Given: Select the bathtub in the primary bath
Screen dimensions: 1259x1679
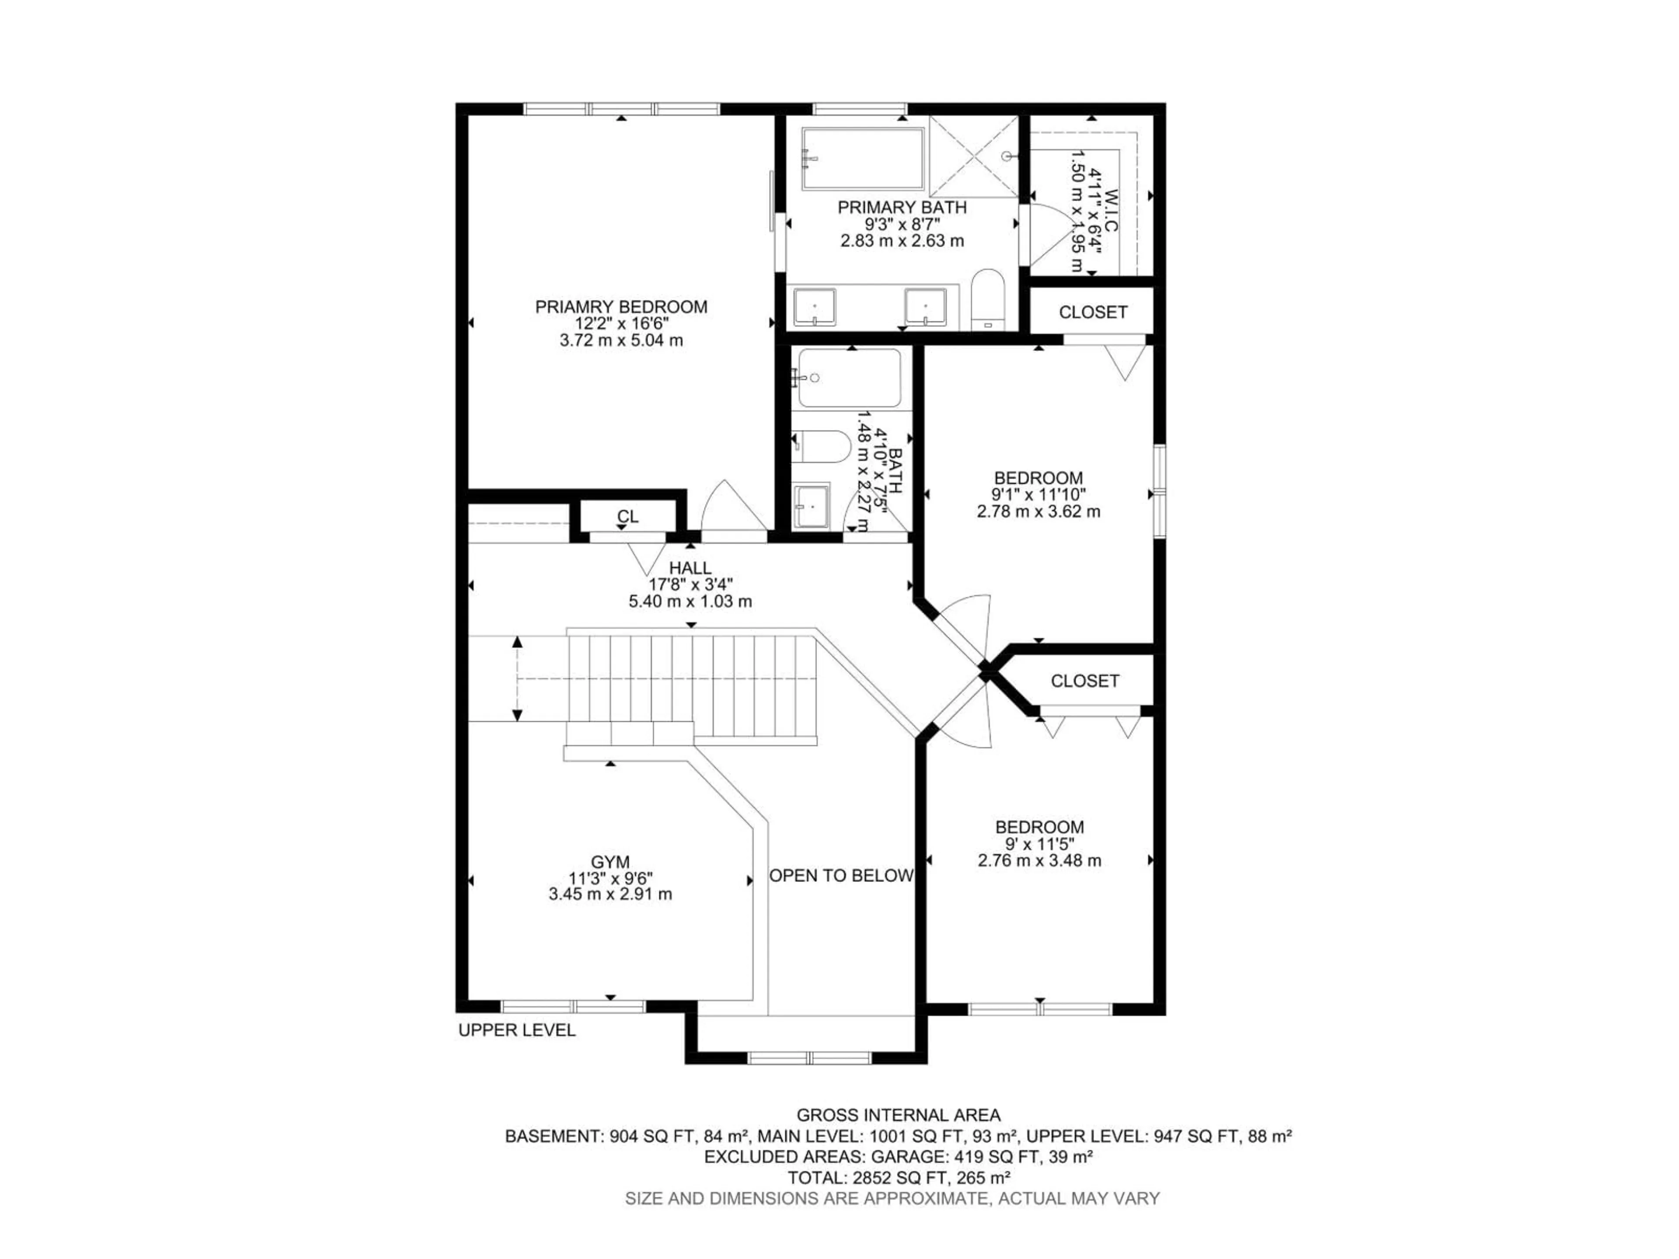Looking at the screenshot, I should tap(863, 159).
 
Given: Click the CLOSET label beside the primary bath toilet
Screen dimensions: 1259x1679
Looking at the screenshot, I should tap(1092, 312).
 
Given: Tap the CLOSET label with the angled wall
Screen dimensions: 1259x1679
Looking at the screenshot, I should tap(1085, 681).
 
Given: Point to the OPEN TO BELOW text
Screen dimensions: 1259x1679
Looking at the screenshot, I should tap(841, 876).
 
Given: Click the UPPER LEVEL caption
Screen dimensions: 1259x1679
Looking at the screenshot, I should tap(517, 1030).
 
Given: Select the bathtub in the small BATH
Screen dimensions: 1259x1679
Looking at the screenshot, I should tap(850, 378).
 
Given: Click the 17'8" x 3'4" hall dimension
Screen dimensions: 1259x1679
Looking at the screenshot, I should tap(690, 584).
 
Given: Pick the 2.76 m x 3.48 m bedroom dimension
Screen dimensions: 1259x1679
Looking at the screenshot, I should tap(1039, 861).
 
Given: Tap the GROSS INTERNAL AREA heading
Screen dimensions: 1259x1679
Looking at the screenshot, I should tap(898, 1115).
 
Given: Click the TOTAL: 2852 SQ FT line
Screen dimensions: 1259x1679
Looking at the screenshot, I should tap(898, 1178).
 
